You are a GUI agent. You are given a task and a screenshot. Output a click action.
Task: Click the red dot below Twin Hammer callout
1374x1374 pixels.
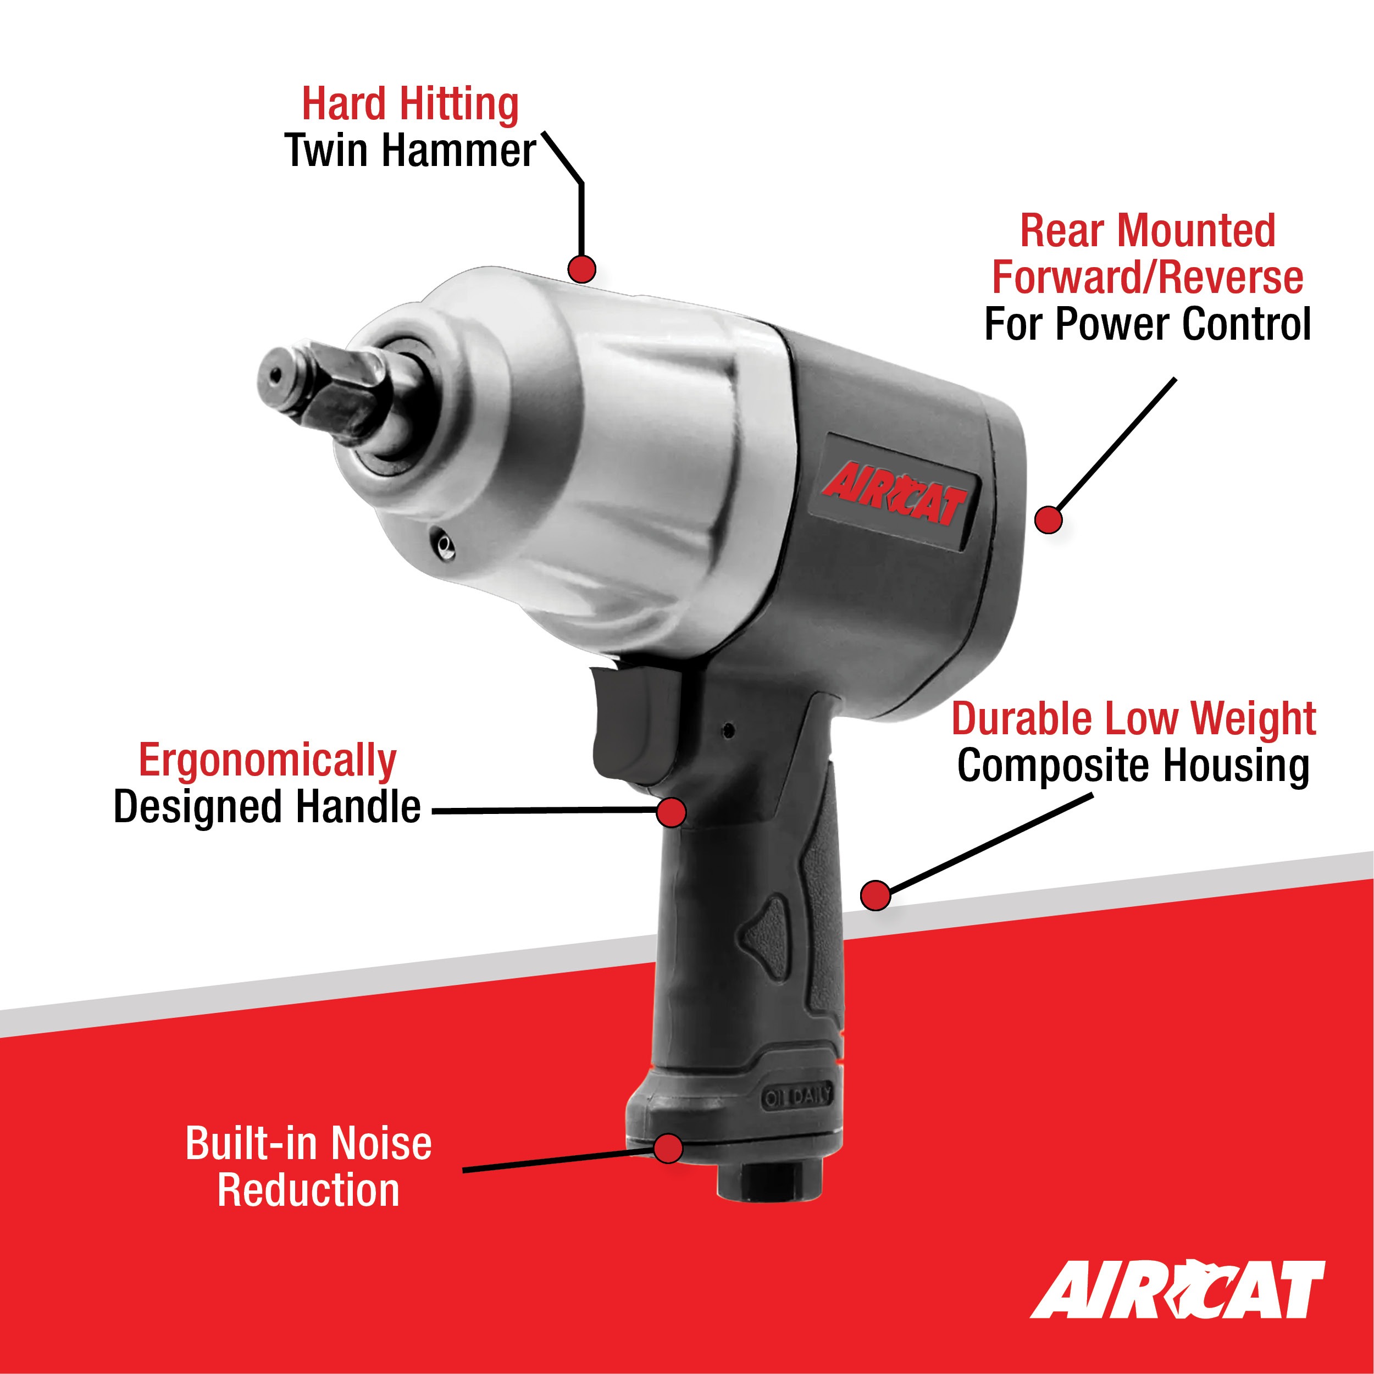581,269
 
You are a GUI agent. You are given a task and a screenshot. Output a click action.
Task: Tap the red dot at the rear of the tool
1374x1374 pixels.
1048,519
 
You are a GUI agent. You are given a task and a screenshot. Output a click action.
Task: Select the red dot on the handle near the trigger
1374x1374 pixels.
671,811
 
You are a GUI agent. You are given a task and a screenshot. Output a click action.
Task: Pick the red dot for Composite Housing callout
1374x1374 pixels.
876,895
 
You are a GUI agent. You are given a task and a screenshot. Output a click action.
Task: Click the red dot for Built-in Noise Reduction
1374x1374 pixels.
668,1149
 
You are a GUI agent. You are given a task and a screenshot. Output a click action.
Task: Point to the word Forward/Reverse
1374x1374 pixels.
1147,278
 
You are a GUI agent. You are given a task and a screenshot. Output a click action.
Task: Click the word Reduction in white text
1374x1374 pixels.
308,1191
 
